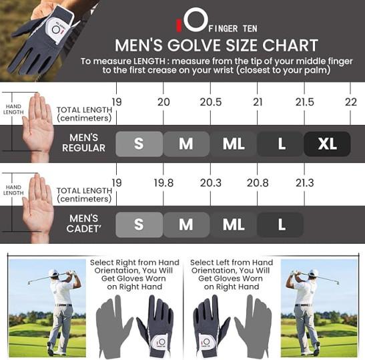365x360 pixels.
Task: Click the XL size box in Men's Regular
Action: coord(327,144)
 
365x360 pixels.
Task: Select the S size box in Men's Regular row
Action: coord(139,144)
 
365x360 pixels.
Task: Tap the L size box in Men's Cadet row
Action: coord(280,225)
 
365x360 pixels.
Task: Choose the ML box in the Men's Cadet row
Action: coord(234,225)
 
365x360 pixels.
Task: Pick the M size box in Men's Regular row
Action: coord(186,144)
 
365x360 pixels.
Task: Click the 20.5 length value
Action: coord(211,102)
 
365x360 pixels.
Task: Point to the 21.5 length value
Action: coord(305,102)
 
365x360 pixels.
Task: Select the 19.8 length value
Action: coord(163,183)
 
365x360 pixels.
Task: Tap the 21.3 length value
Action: coord(305,183)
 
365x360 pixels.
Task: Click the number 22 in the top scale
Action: coord(351,102)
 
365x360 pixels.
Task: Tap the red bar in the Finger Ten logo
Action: coord(179,25)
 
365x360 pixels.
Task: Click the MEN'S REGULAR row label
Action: coord(84,143)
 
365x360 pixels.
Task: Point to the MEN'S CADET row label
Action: coord(84,224)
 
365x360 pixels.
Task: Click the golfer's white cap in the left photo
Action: coord(53,272)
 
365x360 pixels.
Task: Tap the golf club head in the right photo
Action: coord(336,283)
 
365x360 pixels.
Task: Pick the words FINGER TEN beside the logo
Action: coord(233,29)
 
